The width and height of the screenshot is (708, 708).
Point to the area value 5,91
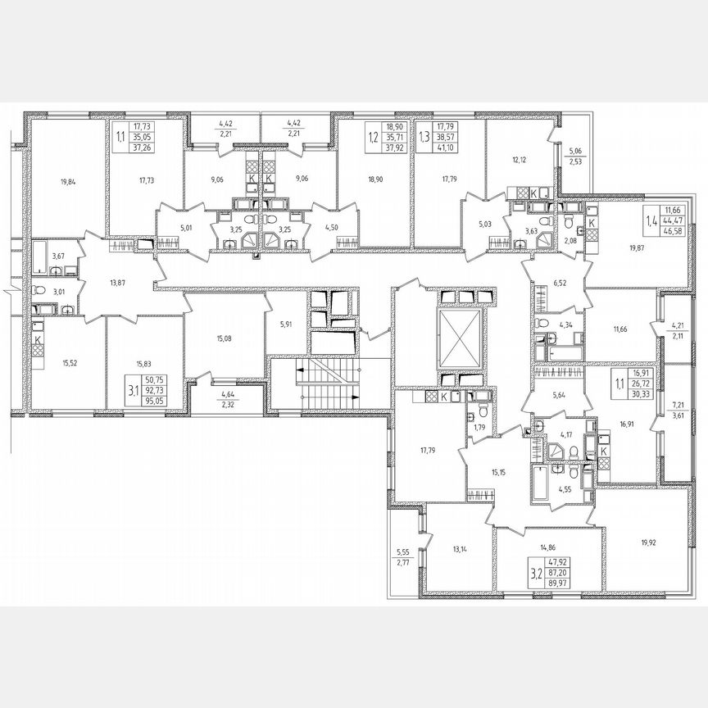pos(285,323)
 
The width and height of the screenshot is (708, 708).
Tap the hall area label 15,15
pos(494,471)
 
